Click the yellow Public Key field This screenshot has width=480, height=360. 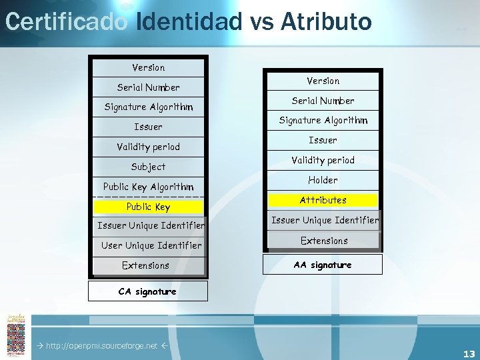tap(149, 207)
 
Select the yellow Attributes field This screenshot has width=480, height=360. tap(323, 200)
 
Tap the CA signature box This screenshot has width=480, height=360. tap(147, 291)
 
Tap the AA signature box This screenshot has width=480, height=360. tap(323, 265)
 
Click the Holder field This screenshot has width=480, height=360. tap(323, 180)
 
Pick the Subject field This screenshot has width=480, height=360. tap(149, 167)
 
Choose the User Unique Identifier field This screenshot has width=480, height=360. tap(151, 245)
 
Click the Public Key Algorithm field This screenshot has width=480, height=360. tap(149, 187)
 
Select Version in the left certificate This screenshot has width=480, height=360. tap(149, 67)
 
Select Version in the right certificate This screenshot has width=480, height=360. tap(323, 81)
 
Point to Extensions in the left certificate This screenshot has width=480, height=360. tap(146, 265)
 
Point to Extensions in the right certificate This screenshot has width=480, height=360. tap(324, 241)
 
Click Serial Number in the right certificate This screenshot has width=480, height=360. tap(323, 101)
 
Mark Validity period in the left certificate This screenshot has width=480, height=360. tap(149, 147)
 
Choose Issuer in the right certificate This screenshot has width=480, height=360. tap(323, 140)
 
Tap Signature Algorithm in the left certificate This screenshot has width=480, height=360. tap(149, 107)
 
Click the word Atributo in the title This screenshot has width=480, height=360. tap(326, 21)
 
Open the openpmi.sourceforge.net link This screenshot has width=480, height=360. tap(101, 346)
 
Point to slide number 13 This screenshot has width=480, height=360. tap(469, 354)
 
